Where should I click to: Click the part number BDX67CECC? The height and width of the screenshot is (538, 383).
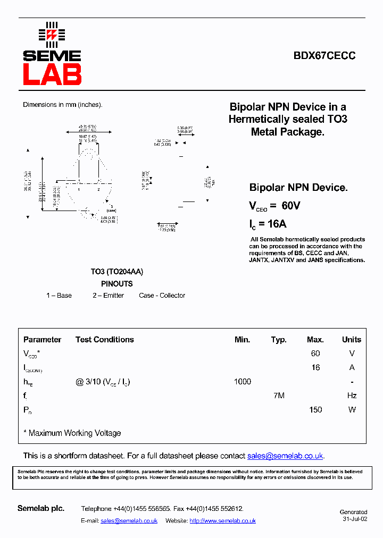(x=324, y=55)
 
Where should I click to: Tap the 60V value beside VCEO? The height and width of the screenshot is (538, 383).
(x=290, y=206)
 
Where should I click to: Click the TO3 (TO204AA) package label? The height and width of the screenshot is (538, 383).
(x=116, y=272)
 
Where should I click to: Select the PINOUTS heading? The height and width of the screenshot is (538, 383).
(x=116, y=284)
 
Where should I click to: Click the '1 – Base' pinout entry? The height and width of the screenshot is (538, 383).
(x=59, y=296)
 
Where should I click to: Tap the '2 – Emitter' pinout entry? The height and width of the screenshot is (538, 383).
(x=108, y=296)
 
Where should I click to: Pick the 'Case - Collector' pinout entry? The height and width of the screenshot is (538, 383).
(x=162, y=296)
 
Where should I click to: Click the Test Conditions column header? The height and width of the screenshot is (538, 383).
(x=105, y=340)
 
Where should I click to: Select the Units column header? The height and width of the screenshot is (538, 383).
(x=351, y=340)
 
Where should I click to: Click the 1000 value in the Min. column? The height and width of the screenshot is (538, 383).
(x=242, y=382)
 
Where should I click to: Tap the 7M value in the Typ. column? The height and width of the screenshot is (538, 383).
(x=278, y=396)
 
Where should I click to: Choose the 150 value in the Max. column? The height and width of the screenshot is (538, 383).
(x=315, y=410)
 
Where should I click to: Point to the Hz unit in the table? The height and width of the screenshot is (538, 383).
(x=351, y=396)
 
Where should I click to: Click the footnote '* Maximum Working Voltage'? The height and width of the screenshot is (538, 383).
(x=72, y=433)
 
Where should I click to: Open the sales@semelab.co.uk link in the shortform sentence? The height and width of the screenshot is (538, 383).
(x=285, y=456)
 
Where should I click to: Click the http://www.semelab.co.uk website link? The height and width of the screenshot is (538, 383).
(x=222, y=521)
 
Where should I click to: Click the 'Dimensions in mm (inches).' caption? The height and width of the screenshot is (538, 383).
(x=62, y=105)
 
